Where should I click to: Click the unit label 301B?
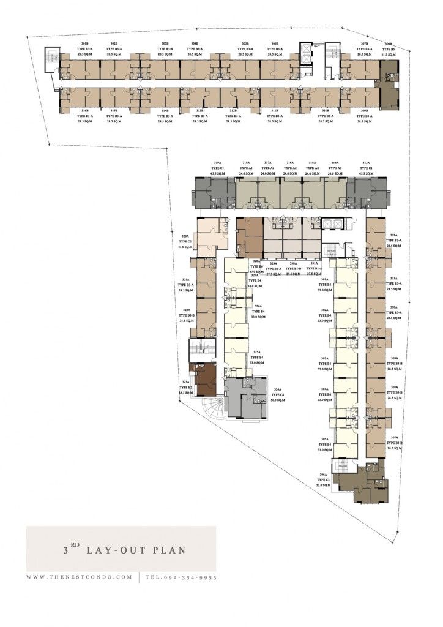coord(85,43)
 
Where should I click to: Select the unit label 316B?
coord(85,111)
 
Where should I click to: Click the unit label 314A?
coord(335,163)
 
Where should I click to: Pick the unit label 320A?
coord(185,236)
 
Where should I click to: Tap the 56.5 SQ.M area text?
coord(278,400)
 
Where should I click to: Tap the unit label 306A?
coord(324,474)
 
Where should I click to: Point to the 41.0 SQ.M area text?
coord(185,247)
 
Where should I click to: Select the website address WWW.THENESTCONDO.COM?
coord(79,577)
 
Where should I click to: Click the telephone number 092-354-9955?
coord(186,577)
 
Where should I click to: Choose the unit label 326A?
coord(258,306)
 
